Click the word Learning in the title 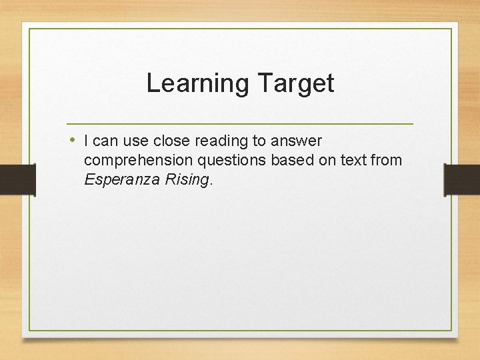197,83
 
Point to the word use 136,141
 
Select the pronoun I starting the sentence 87,141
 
